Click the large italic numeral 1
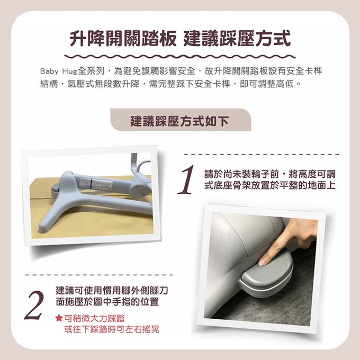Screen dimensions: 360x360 [x=186, y=180]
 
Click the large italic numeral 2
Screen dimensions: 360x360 [x=34, y=305]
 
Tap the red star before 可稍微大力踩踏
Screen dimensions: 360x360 [x=59, y=318]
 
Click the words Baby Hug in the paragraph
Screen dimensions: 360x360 [x=59, y=71]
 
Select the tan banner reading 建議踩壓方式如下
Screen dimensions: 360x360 [x=181, y=120]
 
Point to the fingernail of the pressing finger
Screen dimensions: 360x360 [x=263, y=262]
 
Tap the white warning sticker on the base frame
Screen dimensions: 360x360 [x=96, y=184]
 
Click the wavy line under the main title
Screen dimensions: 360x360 [x=180, y=56]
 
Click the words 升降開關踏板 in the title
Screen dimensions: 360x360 [x=123, y=39]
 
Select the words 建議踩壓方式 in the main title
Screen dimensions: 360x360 [x=237, y=39]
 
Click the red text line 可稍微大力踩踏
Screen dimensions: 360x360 [x=94, y=318]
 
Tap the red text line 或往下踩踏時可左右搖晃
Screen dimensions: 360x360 [x=112, y=329]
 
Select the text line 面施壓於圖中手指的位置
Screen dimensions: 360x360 [x=107, y=301]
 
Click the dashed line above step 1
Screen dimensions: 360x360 [x=262, y=154]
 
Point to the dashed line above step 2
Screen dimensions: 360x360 [x=99, y=275]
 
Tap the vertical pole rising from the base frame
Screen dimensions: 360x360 [x=134, y=163]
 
